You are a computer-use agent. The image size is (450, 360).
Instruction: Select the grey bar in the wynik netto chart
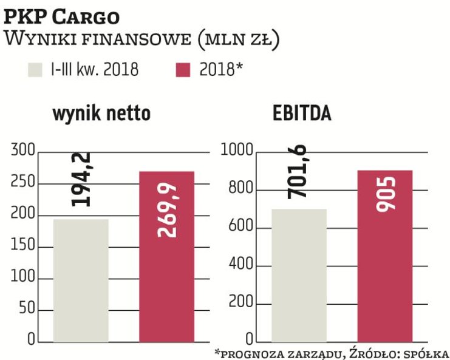click(x=81, y=280)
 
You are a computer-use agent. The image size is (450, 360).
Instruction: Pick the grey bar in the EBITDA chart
click(x=299, y=276)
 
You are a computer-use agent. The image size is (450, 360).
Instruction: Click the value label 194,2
click(x=81, y=179)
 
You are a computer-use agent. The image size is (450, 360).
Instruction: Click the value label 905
click(x=384, y=194)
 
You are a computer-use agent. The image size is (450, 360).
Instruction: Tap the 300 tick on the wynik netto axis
click(x=22, y=151)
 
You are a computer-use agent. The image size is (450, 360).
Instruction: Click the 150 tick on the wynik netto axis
click(x=22, y=246)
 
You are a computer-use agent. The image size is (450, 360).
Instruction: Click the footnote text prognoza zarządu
click(x=281, y=353)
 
